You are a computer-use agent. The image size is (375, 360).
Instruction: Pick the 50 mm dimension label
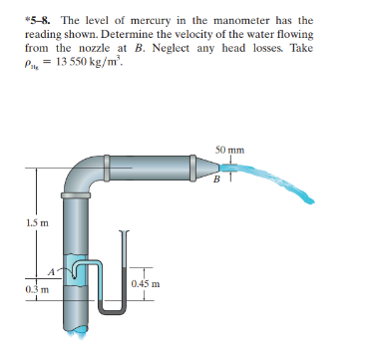[226, 151]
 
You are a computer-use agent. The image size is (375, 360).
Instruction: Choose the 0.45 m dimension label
[144, 284]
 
